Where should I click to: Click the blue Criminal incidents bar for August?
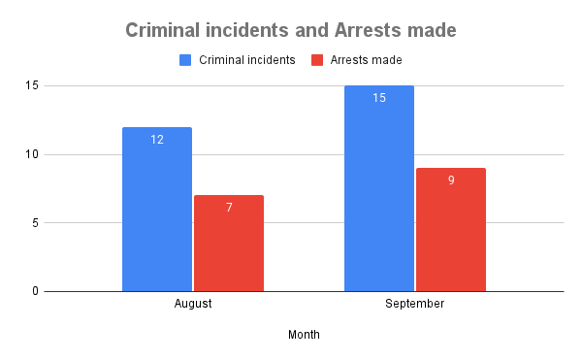pyautogui.click(x=157, y=213)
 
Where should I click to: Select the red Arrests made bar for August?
pyautogui.click(x=229, y=247)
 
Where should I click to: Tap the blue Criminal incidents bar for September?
pyautogui.click(x=379, y=194)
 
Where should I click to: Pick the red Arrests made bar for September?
pyautogui.click(x=451, y=233)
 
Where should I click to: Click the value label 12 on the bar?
pyautogui.click(x=157, y=140)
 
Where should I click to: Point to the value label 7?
pyautogui.click(x=229, y=208)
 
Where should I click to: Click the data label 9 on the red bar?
pyautogui.click(x=451, y=180)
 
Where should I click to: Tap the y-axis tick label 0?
pyautogui.click(x=34, y=291)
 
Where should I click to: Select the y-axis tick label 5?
pyautogui.click(x=34, y=223)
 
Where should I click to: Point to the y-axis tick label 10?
pyautogui.click(x=31, y=154)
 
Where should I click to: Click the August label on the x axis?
pyautogui.click(x=193, y=304)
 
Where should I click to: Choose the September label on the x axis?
pyautogui.click(x=415, y=304)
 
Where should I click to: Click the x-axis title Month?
pyautogui.click(x=304, y=335)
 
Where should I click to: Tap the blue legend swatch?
pyautogui.click(x=186, y=60)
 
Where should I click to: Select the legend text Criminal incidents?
pyautogui.click(x=247, y=60)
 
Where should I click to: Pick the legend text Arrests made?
pyautogui.click(x=366, y=60)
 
